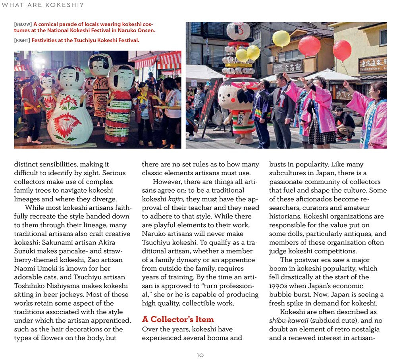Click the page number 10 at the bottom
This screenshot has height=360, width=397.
[200, 355]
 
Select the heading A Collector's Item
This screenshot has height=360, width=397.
[178, 319]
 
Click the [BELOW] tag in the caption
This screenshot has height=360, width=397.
[23, 24]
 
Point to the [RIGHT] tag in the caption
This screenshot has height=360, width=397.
[22, 40]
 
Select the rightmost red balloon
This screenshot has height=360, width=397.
[342, 50]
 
